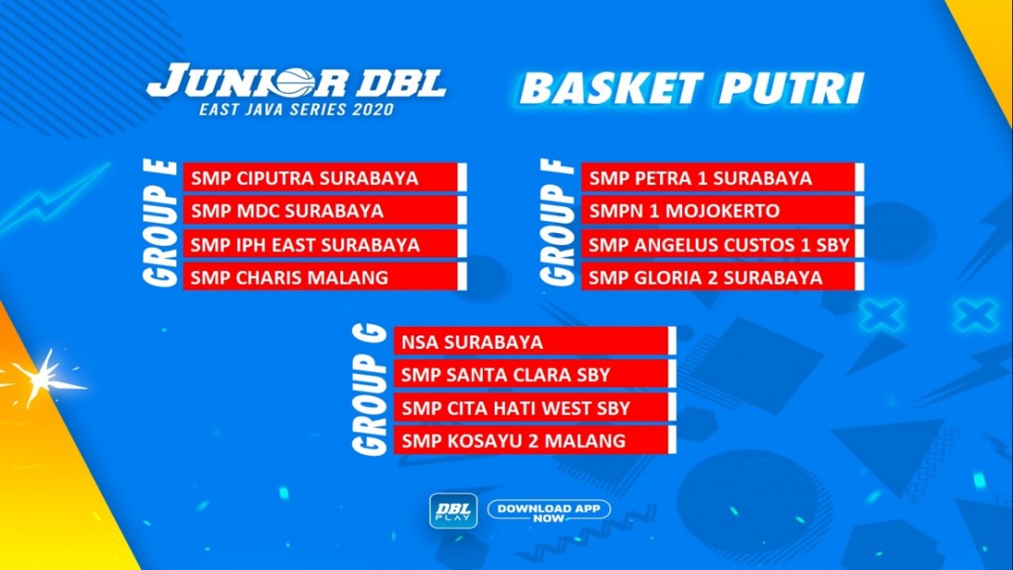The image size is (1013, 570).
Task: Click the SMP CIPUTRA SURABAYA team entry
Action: pos(325,178)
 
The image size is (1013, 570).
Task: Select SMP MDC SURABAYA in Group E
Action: pos(325,211)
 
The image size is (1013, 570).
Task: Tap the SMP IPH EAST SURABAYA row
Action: pos(325,244)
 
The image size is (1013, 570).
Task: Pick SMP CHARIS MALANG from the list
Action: pos(325,277)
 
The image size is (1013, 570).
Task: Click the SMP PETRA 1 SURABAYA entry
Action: pos(723,178)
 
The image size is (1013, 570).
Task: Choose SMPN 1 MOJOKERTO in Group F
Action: pos(723,211)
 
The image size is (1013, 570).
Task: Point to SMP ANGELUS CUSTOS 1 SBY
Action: pos(723,244)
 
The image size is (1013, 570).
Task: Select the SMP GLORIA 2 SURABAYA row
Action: pos(723,277)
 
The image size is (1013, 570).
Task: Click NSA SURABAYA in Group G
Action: pos(535,341)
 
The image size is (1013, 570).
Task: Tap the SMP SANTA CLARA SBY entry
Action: pos(535,375)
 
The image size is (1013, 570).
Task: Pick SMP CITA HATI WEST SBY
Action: pos(535,408)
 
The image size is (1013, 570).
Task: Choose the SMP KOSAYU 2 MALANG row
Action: pos(535,440)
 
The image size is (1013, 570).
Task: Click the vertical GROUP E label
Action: pos(160,224)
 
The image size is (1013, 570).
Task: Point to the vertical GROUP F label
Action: pos(558,224)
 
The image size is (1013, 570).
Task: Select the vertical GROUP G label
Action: pos(370,390)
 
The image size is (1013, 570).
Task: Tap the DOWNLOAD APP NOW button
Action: pos(549,512)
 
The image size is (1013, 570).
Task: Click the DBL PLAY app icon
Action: pos(453,511)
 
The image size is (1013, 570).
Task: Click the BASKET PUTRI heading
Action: pos(691,88)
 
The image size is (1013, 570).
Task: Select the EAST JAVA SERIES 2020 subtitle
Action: pos(296,110)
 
